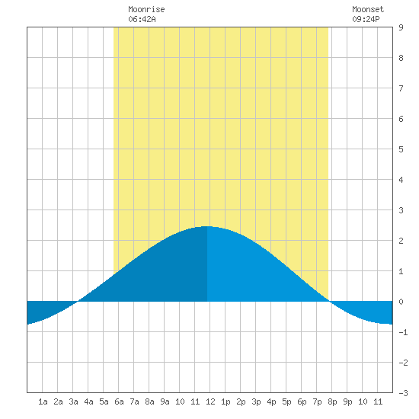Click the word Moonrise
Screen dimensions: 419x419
click(x=146, y=9)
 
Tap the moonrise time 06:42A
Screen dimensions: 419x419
click(x=142, y=19)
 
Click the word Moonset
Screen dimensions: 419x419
click(x=368, y=9)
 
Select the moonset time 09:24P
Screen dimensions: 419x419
click(x=366, y=19)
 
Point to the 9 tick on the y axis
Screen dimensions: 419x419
click(x=401, y=27)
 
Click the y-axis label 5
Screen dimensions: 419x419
click(x=401, y=149)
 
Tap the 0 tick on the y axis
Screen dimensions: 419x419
click(x=401, y=302)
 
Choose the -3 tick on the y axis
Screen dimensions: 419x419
click(x=403, y=393)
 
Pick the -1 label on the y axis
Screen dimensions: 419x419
click(x=403, y=332)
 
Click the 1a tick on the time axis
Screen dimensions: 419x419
click(x=43, y=401)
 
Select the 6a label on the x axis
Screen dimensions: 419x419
click(x=119, y=401)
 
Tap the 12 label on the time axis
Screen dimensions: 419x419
click(x=210, y=401)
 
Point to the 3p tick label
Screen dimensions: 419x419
click(x=256, y=401)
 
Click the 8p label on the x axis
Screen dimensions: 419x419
click(x=332, y=401)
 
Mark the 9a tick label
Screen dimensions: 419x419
click(x=165, y=401)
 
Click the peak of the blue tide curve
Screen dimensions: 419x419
click(x=206, y=226)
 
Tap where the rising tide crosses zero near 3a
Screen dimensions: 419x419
click(x=78, y=302)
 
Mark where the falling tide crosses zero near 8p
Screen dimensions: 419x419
click(x=331, y=302)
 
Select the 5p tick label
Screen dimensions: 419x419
click(x=286, y=401)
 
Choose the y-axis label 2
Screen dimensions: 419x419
click(x=401, y=241)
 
